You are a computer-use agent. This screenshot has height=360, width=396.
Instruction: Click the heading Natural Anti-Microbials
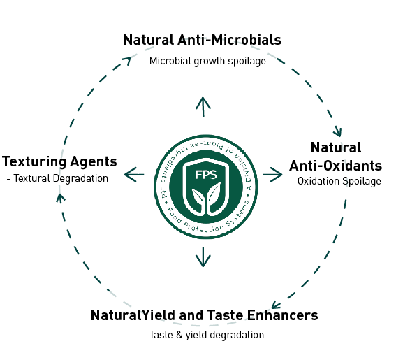[x=202, y=40]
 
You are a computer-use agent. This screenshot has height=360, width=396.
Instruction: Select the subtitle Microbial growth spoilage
[x=204, y=62]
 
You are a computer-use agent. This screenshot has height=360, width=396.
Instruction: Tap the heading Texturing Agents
[x=59, y=161]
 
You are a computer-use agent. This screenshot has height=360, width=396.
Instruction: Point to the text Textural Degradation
[x=57, y=178]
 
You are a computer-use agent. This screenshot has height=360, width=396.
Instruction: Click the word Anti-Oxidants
[x=336, y=166]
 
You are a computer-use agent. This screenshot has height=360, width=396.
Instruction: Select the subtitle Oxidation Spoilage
[x=336, y=181]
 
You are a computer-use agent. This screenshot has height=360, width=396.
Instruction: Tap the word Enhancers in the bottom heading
[x=282, y=315]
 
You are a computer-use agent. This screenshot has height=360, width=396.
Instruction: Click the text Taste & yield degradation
[x=203, y=335]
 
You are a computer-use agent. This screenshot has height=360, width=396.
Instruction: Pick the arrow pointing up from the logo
[x=203, y=106]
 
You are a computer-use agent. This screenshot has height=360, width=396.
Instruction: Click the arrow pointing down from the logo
[x=203, y=257]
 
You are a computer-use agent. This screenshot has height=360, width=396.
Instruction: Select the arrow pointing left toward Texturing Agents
[x=134, y=175]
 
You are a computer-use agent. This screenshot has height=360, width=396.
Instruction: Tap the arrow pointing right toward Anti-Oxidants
[x=272, y=175]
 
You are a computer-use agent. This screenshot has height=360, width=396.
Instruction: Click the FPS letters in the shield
[x=206, y=175]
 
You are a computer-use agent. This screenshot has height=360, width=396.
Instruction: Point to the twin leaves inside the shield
[x=206, y=199]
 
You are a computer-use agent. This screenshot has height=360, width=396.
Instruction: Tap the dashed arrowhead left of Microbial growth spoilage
[x=127, y=60]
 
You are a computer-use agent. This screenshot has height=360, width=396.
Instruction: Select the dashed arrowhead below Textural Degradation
[x=60, y=198]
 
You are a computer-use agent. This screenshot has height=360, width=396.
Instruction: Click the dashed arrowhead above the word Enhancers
[x=275, y=305]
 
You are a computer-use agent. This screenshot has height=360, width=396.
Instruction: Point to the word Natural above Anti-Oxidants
[x=336, y=147]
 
